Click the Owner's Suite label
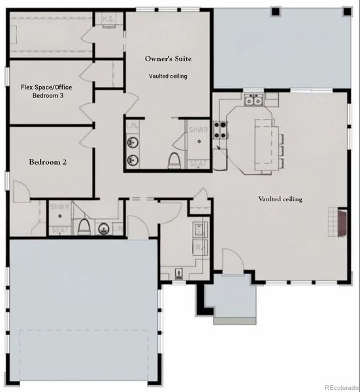[x=169, y=59]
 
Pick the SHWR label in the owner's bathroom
[x=198, y=129]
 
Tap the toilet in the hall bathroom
[x=83, y=227]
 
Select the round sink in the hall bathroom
[x=103, y=229]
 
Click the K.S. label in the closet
[x=109, y=20]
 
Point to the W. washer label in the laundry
[x=198, y=248]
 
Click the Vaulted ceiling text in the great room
[x=280, y=199]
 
